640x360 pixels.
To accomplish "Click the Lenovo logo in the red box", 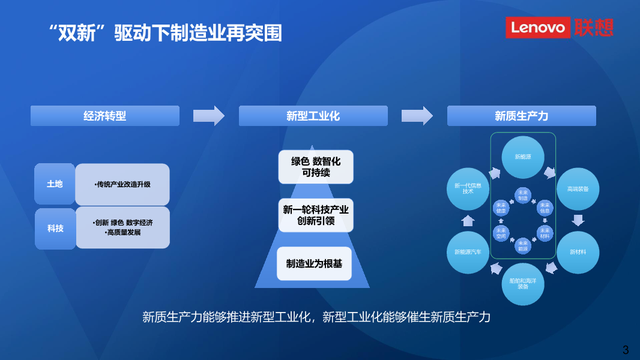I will tap(537, 27).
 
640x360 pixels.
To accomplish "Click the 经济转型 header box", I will tap(105, 116).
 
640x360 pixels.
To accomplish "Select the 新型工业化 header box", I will tap(313, 116).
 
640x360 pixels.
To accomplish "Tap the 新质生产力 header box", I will tap(521, 116).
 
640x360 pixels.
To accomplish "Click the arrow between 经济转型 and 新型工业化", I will tap(208, 116).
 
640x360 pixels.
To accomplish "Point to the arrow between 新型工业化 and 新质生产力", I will tap(417, 116).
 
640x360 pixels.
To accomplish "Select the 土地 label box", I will tap(55, 184).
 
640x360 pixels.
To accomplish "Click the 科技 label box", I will tap(55, 228).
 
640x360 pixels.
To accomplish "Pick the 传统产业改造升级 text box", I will tap(122, 184).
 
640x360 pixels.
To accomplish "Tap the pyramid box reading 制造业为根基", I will tap(314, 263).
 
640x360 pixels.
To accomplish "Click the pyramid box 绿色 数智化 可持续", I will tap(316, 167).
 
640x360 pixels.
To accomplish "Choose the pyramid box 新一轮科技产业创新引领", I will tap(316, 215).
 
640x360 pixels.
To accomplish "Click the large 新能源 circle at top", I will tap(522, 157).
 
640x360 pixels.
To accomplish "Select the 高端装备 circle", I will tap(578, 188).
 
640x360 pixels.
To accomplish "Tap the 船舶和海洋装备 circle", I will tap(522, 284).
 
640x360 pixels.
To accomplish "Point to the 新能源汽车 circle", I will tap(468, 252).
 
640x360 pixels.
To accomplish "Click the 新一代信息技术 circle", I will tap(468, 188).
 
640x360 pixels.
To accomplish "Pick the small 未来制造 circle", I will tap(522, 195).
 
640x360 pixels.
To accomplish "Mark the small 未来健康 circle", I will tap(501, 208).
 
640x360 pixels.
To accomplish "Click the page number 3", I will tap(626, 349).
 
